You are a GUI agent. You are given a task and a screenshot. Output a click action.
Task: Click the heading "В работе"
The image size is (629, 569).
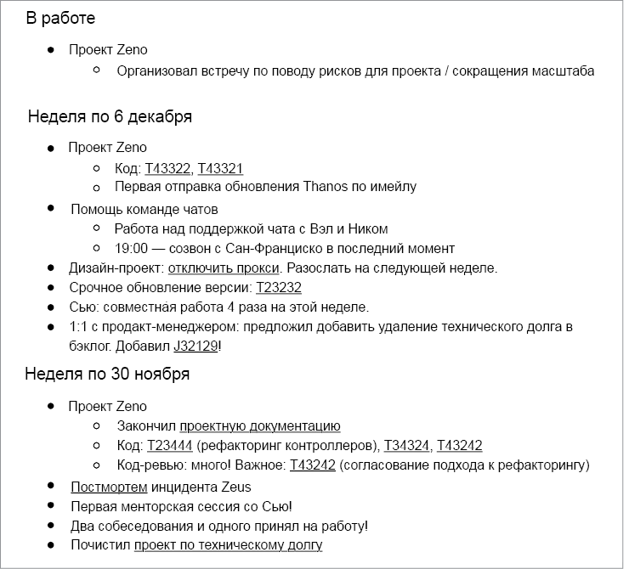click(x=60, y=19)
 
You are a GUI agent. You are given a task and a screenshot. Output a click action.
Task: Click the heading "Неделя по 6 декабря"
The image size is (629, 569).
click(x=110, y=116)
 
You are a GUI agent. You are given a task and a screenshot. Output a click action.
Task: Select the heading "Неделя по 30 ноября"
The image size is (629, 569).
click(x=107, y=374)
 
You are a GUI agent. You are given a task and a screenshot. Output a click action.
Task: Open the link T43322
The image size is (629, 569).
click(x=167, y=169)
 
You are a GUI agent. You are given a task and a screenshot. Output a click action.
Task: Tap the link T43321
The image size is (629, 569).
click(x=221, y=169)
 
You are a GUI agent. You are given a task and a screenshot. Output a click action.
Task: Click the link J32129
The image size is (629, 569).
click(x=196, y=346)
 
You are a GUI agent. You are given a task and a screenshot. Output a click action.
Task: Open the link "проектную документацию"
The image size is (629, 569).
click(x=260, y=426)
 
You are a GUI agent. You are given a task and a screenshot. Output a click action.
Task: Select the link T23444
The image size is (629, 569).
click(x=170, y=446)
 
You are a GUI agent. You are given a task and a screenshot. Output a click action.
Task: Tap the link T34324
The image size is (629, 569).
click(x=407, y=446)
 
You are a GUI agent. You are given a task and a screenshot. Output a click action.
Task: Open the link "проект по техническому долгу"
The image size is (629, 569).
click(x=228, y=545)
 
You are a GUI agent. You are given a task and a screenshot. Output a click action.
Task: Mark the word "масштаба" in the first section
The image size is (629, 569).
click(x=562, y=70)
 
